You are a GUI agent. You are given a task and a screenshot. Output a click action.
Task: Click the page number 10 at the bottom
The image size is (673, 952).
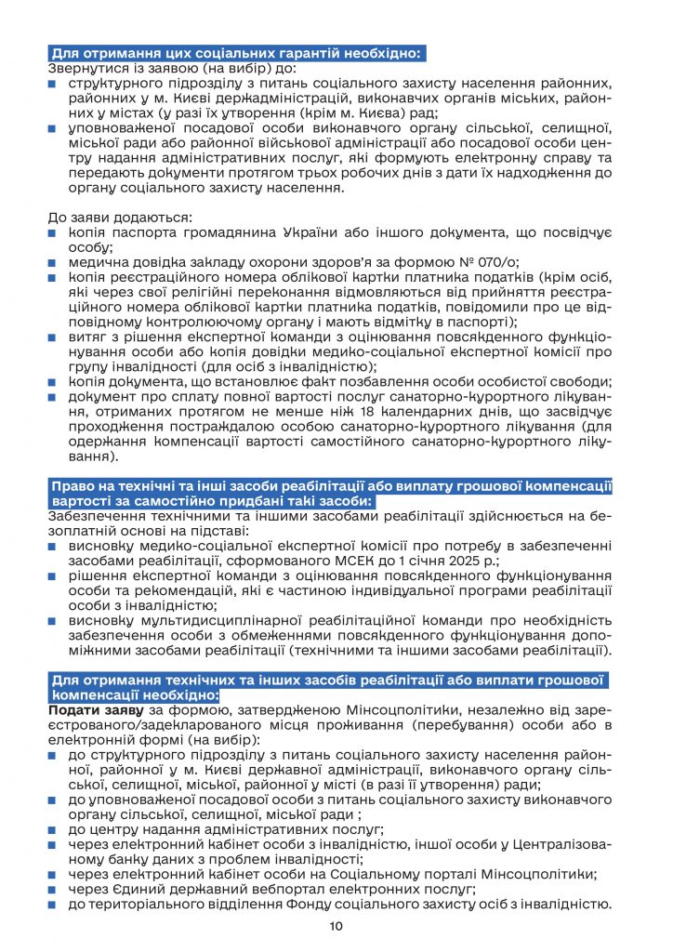click(336, 926)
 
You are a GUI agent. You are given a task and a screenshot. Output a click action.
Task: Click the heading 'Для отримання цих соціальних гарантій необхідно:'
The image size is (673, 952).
click(237, 53)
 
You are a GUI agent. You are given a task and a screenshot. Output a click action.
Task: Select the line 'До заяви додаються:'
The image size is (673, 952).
click(120, 216)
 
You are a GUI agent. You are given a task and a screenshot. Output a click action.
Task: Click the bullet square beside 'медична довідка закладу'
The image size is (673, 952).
click(56, 263)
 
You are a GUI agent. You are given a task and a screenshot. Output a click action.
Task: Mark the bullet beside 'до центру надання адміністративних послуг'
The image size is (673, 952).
click(56, 828)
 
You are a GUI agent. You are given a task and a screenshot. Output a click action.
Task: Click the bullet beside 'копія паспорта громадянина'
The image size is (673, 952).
click(56, 232)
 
